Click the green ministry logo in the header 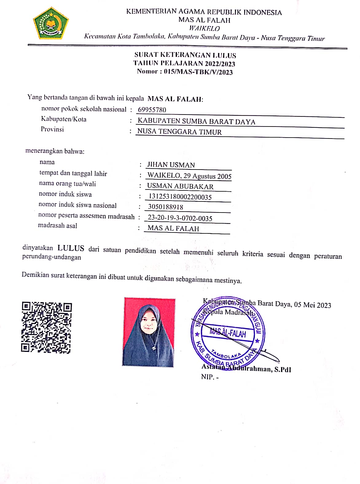(x=51, y=24)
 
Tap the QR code (x=46, y=327)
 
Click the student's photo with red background (x=149, y=332)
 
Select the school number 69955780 (x=152, y=110)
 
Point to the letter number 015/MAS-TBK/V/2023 (x=198, y=72)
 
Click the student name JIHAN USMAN (x=171, y=165)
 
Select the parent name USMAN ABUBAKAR (x=180, y=186)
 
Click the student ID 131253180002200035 (x=180, y=197)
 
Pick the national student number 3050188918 (x=166, y=207)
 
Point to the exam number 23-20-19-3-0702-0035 (x=180, y=218)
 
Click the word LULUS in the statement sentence (x=71, y=248)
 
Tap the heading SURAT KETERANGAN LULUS (x=185, y=56)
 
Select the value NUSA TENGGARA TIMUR (x=179, y=132)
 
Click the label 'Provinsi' (x=52, y=129)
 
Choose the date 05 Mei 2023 (x=312, y=305)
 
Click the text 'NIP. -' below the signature (x=210, y=377)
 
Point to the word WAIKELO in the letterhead (x=204, y=29)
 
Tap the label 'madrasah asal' (x=57, y=226)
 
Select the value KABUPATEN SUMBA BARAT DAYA (x=196, y=122)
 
